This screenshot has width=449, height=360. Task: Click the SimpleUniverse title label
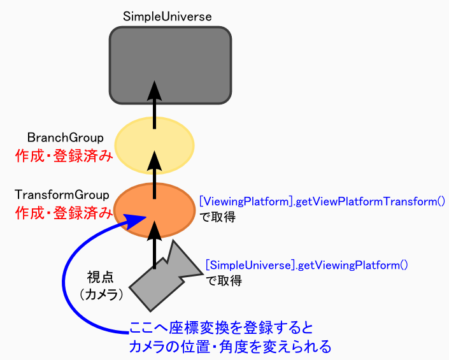[167, 17]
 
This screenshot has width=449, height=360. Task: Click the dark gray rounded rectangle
[170, 65]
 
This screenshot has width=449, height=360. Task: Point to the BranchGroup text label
[66, 138]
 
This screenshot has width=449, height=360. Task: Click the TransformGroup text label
[62, 195]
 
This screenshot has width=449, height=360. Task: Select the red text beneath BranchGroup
[64, 156]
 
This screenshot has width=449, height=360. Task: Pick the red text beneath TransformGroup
[64, 213]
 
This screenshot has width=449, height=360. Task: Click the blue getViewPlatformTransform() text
[322, 201]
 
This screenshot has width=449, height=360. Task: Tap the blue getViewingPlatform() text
[307, 265]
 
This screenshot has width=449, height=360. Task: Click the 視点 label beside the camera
[100, 277]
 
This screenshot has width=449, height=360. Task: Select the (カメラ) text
[101, 294]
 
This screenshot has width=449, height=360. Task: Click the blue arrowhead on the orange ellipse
[134, 221]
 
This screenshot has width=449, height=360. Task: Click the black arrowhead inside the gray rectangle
[154, 90]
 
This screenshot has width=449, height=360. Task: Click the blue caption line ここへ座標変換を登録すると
[221, 328]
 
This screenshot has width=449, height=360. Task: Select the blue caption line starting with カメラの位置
[230, 347]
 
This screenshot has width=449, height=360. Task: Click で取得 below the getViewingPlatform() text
[224, 280]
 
